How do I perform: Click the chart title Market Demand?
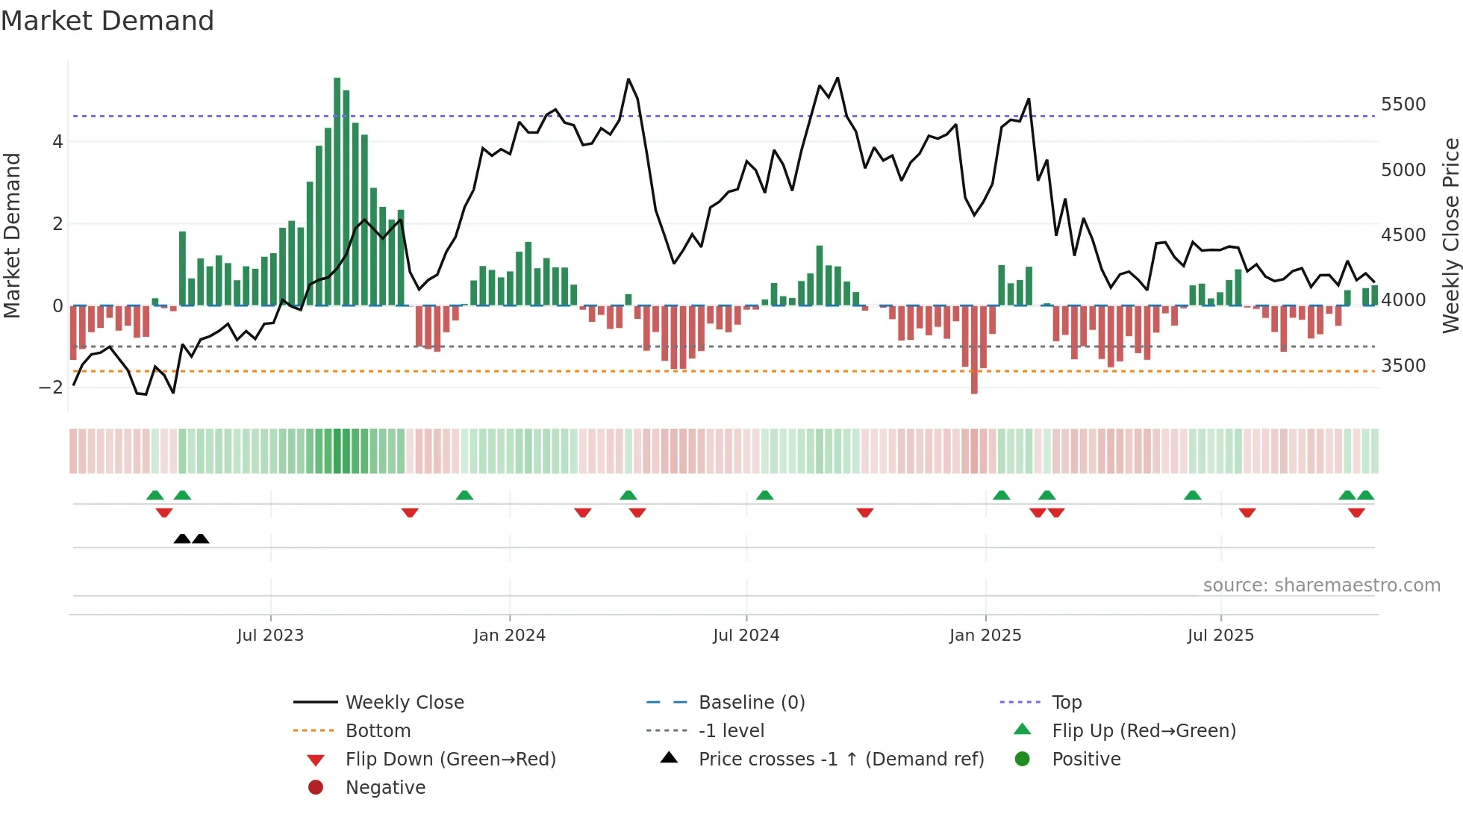point(107,21)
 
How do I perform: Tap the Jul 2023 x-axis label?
point(270,636)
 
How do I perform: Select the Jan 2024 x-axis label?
point(509,636)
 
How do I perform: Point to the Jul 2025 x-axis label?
point(1220,636)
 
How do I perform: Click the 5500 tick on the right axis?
point(1403,105)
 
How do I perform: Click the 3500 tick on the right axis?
point(1403,366)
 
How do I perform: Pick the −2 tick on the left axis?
point(51,388)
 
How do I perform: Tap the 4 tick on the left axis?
point(57,142)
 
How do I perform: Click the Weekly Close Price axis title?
point(1450,235)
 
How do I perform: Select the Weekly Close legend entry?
point(404,703)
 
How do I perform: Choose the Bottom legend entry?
point(378,731)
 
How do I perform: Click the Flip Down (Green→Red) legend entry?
point(450,760)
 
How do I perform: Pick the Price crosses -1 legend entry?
point(841,760)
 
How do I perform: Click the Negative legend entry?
point(385,788)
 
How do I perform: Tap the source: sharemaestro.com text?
point(1321,586)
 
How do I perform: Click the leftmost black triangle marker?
point(182,539)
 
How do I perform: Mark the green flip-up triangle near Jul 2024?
point(764,495)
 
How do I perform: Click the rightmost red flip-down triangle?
point(1356,512)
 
